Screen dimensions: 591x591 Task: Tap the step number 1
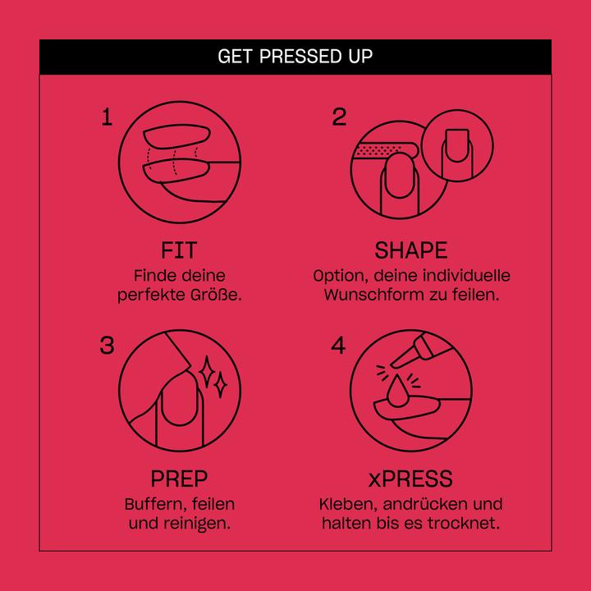pos(107,117)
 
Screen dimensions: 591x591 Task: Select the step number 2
pos(339,117)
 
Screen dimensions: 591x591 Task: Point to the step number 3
pos(107,346)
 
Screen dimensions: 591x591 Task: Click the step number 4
pos(338,346)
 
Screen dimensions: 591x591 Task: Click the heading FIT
pos(179,250)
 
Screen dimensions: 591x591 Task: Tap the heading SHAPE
pos(411,250)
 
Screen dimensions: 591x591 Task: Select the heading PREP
pos(179,479)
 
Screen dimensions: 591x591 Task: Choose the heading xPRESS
pos(410,479)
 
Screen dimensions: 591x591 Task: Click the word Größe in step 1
pos(216,295)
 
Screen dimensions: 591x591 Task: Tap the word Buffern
pos(155,504)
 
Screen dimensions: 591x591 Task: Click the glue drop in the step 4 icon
pos(397,392)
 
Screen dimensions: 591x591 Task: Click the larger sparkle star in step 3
pos(207,371)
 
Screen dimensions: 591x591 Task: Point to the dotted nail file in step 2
pos(387,151)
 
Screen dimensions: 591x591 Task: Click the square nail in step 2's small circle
pos(457,146)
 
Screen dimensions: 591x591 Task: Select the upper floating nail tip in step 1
pos(176,136)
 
